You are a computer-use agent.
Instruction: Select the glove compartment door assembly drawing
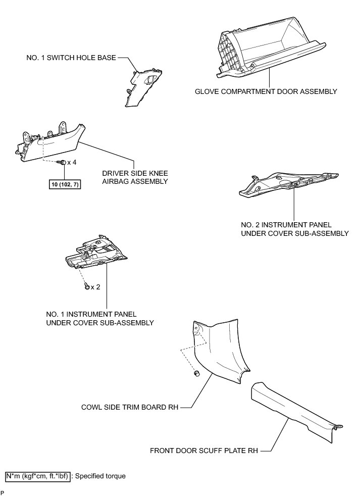(x=268, y=56)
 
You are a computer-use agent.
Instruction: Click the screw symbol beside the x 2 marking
(x=87, y=287)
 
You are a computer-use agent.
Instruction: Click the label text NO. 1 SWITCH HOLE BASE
(x=71, y=58)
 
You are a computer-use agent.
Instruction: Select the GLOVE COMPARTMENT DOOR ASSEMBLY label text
(x=266, y=92)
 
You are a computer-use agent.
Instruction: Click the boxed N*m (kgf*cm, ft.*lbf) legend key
(x=38, y=476)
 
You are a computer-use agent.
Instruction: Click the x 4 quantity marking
(x=72, y=163)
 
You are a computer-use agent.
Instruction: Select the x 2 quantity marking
(x=95, y=287)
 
